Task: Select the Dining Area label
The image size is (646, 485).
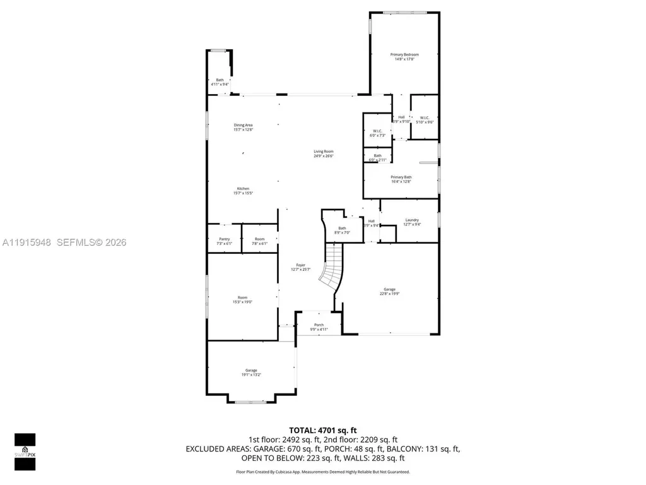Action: click(x=243, y=127)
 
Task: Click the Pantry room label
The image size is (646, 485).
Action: click(x=225, y=241)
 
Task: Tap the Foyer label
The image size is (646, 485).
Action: click(x=300, y=266)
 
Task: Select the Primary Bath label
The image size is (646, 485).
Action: click(x=401, y=179)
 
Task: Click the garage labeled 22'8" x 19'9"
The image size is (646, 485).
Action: click(x=389, y=291)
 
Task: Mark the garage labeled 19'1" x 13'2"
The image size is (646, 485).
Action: click(x=250, y=372)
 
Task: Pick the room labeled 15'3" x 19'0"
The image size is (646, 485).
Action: click(x=243, y=299)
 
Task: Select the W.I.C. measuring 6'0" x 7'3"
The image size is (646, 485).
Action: click(x=377, y=133)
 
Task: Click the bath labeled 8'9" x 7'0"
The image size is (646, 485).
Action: click(x=342, y=231)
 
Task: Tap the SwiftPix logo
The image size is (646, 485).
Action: click(x=25, y=450)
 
